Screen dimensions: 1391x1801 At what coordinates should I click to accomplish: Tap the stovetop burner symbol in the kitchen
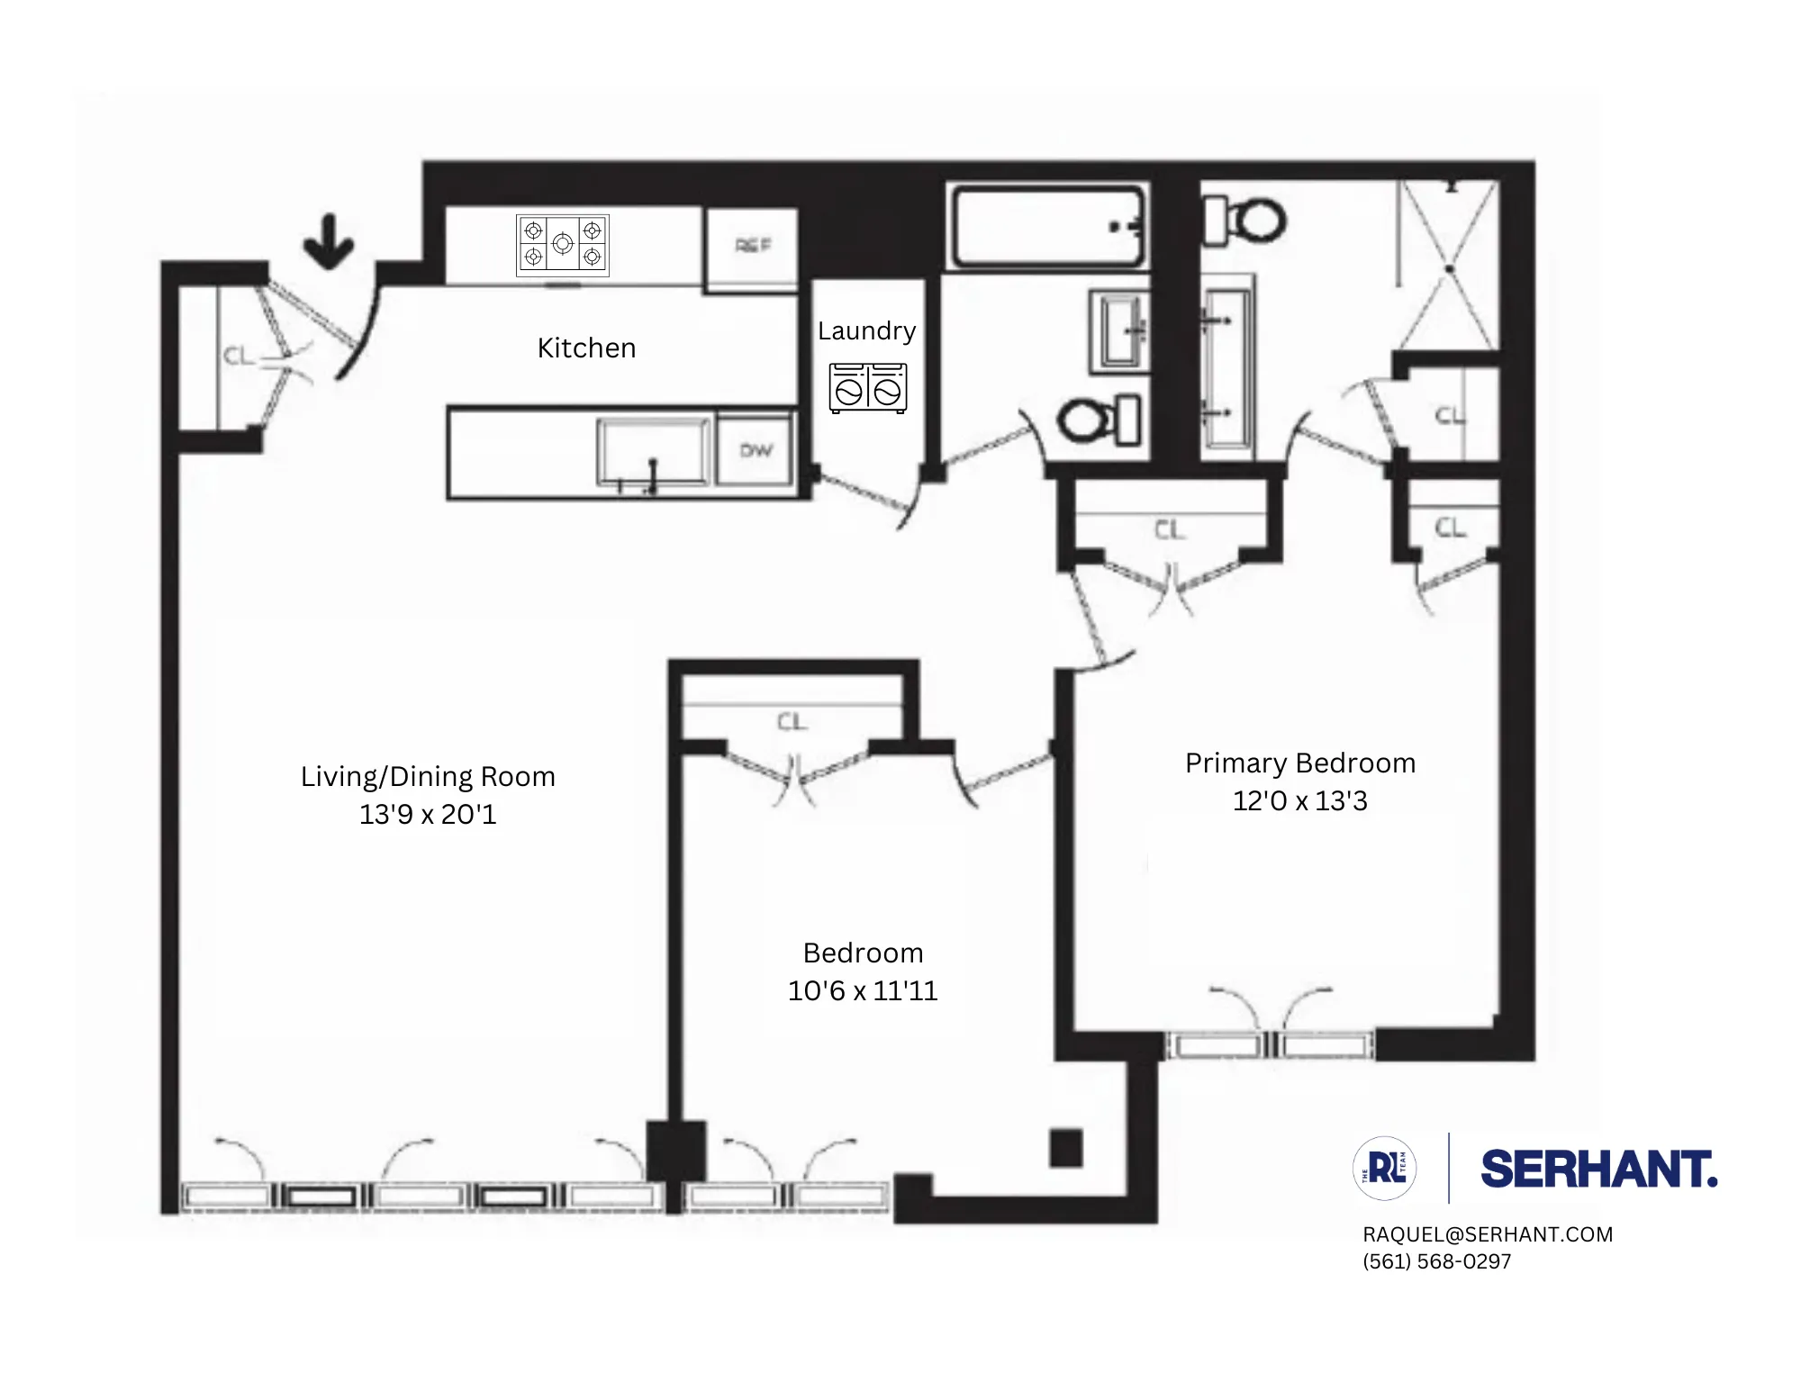[x=563, y=244]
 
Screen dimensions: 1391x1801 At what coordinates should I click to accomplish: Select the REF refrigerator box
[x=753, y=246]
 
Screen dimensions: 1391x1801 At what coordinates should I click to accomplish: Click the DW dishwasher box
[x=756, y=450]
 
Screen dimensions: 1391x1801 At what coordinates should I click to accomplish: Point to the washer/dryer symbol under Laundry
[x=868, y=388]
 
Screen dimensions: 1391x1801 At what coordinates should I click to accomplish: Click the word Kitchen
[x=586, y=348]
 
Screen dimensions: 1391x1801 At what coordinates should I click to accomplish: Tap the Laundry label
[x=866, y=330]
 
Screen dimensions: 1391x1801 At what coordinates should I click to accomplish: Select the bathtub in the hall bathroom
[x=1046, y=226]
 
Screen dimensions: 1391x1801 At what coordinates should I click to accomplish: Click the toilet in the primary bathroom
[x=1247, y=220]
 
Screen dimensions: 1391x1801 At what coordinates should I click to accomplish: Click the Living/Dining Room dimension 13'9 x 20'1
[x=428, y=814]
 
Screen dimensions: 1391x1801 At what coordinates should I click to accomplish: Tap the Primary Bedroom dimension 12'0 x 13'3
[x=1299, y=800]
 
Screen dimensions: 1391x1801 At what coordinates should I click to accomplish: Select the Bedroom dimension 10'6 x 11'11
[x=863, y=990]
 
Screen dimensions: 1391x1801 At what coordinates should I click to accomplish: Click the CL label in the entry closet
[x=239, y=357]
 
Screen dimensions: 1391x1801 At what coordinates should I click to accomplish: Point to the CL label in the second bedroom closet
[x=792, y=722]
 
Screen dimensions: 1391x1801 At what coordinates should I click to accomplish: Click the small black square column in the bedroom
[x=1066, y=1148]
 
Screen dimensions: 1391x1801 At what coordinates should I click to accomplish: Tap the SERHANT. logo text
[x=1598, y=1169]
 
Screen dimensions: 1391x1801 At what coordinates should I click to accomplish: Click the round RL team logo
[x=1385, y=1169]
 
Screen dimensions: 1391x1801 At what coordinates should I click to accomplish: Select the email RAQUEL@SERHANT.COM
[x=1488, y=1234]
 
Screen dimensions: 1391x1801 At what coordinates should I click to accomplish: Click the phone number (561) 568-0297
[x=1437, y=1261]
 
